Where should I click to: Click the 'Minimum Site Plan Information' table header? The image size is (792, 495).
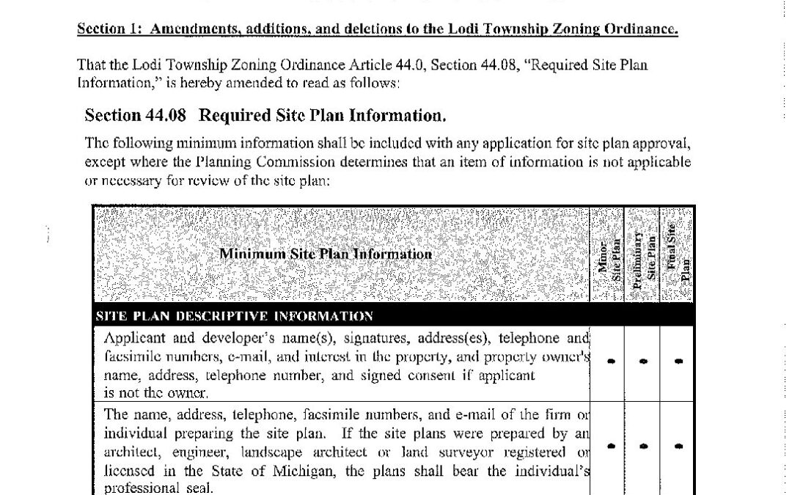[326, 254]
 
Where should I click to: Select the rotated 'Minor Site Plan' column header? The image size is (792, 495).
[608, 255]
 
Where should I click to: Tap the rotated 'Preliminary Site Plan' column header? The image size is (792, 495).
[643, 255]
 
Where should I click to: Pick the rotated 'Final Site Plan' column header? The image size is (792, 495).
[676, 255]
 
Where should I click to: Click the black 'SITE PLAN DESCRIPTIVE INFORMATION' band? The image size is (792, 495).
[235, 317]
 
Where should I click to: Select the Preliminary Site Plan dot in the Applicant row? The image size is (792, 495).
[643, 362]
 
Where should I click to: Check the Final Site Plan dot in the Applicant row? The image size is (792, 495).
[678, 362]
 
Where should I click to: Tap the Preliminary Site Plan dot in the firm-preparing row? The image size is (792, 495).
[643, 446]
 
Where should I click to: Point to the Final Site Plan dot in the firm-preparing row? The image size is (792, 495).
[678, 446]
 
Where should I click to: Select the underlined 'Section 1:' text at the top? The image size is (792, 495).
[103, 30]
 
